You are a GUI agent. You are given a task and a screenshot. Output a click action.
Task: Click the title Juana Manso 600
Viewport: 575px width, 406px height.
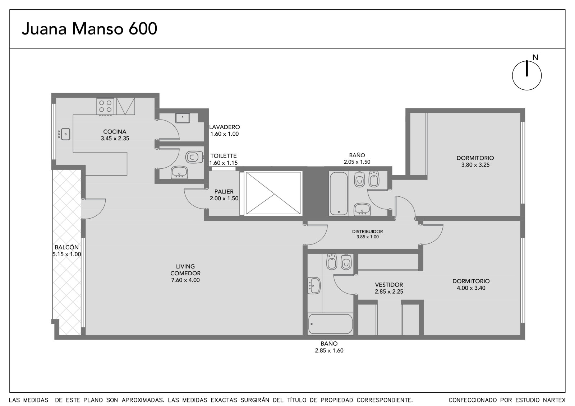click(89, 29)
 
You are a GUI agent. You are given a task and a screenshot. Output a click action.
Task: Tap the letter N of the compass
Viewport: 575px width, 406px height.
click(535, 57)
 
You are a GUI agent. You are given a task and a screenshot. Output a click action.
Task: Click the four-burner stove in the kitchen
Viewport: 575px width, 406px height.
click(105, 106)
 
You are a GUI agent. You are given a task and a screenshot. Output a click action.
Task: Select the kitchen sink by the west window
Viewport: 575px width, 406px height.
click(64, 134)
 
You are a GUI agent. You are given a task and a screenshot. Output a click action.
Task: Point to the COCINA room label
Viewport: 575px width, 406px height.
click(115, 132)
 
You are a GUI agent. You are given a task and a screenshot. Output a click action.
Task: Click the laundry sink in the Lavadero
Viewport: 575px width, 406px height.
click(183, 118)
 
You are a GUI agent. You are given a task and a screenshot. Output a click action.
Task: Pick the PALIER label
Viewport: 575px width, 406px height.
click(224, 192)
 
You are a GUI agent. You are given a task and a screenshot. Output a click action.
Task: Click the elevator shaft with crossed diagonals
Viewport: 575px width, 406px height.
click(273, 193)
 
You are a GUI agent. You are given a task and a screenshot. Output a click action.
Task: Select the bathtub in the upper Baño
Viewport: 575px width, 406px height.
click(339, 193)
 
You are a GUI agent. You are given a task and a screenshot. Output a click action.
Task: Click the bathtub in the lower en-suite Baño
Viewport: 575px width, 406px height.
click(330, 324)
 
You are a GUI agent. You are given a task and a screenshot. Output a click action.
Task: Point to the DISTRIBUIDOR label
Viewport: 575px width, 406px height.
click(367, 231)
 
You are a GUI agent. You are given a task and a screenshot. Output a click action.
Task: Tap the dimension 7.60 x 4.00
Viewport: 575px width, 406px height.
click(185, 280)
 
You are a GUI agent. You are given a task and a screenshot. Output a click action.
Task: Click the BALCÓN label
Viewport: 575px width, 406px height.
click(67, 247)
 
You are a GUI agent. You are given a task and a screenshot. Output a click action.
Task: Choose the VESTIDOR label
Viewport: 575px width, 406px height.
click(389, 285)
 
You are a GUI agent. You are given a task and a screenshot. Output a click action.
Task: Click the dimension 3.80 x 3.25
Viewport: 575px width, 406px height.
click(475, 165)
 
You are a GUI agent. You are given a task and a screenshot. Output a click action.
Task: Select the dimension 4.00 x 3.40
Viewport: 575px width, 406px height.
click(471, 288)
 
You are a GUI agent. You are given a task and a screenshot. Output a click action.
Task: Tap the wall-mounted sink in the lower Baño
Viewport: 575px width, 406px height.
click(314, 285)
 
